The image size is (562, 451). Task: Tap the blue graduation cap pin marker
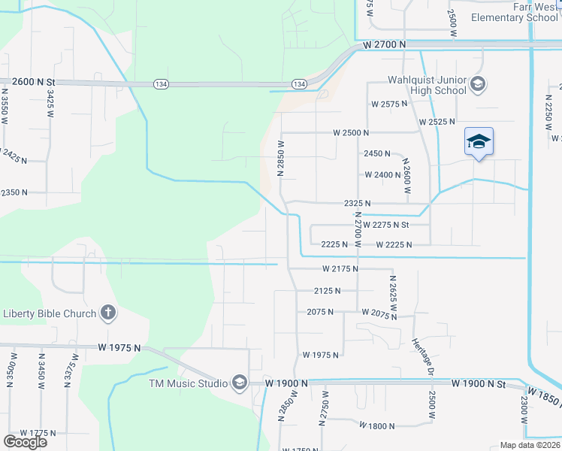pyautogui.click(x=479, y=142)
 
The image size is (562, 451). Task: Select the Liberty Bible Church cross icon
pyautogui.click(x=108, y=313)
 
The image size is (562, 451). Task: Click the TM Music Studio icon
pyautogui.click(x=239, y=383)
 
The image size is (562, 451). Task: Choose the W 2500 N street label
pyautogui.click(x=352, y=132)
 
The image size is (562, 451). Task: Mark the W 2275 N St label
pyautogui.click(x=385, y=224)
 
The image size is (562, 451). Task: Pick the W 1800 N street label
pyautogui.click(x=377, y=425)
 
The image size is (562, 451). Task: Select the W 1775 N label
pyautogui.click(x=38, y=432)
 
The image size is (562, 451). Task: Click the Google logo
pyautogui.click(x=25, y=442)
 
